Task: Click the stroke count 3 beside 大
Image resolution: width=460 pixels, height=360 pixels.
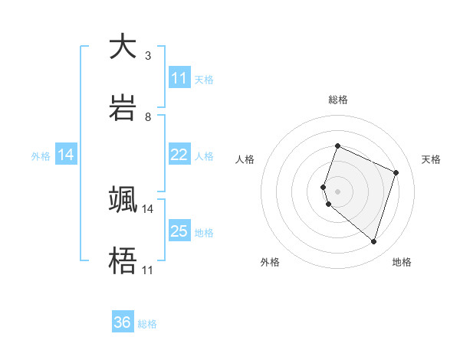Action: [x=148, y=56]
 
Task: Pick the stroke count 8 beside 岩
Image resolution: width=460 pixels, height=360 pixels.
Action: [x=148, y=117]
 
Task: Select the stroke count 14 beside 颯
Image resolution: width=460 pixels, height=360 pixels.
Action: [x=148, y=208]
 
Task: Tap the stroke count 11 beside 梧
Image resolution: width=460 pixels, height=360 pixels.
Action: [x=148, y=270]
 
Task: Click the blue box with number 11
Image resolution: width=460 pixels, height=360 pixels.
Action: [x=179, y=78]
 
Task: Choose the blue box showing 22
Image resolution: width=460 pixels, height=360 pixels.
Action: [x=179, y=155]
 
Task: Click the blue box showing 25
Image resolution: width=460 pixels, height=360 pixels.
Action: [x=179, y=231]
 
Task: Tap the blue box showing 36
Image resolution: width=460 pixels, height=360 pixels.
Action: [x=123, y=322]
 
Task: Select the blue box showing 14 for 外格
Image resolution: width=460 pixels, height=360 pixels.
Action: [x=66, y=155]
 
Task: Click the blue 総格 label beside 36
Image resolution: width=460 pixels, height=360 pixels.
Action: [x=147, y=324]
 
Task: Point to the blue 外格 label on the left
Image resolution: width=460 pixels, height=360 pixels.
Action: [x=41, y=155]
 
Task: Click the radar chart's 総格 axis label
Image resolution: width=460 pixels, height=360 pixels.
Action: [x=337, y=100]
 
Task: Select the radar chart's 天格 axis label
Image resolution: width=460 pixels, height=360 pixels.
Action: [x=431, y=159]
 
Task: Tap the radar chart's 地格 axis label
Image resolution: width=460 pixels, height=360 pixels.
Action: [x=402, y=262]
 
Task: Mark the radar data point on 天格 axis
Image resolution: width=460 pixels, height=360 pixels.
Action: [x=396, y=172]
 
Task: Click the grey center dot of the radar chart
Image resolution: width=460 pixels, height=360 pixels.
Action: [x=337, y=191]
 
